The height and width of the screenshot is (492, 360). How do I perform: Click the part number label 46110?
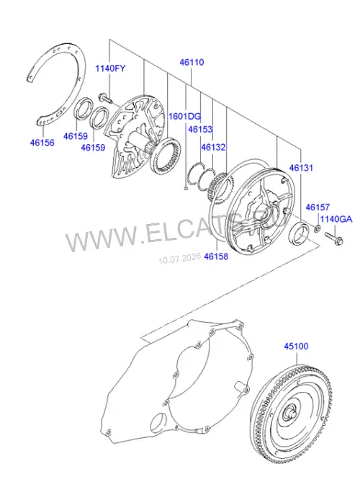click(192, 62)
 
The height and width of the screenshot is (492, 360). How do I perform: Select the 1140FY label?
click(110, 68)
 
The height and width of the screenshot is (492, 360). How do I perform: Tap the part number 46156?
click(42, 143)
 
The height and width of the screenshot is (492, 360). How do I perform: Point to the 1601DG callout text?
click(185, 117)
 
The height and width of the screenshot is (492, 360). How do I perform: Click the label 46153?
click(200, 129)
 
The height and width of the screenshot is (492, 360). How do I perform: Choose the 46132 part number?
click(213, 147)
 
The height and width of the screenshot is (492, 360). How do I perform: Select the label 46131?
click(301, 168)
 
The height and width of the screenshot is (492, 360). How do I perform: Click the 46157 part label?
click(318, 207)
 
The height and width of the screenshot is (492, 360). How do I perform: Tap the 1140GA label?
click(336, 219)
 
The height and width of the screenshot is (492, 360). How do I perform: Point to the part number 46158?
click(216, 256)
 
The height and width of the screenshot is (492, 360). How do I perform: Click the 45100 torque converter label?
click(297, 346)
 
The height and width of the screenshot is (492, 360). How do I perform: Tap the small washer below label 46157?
click(317, 229)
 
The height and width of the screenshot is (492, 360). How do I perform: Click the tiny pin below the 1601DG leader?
click(186, 188)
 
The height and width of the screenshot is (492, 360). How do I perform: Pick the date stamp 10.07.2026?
click(180, 259)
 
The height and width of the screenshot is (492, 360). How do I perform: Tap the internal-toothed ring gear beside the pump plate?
click(166, 156)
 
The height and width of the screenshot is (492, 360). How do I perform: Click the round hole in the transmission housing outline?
click(158, 422)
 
